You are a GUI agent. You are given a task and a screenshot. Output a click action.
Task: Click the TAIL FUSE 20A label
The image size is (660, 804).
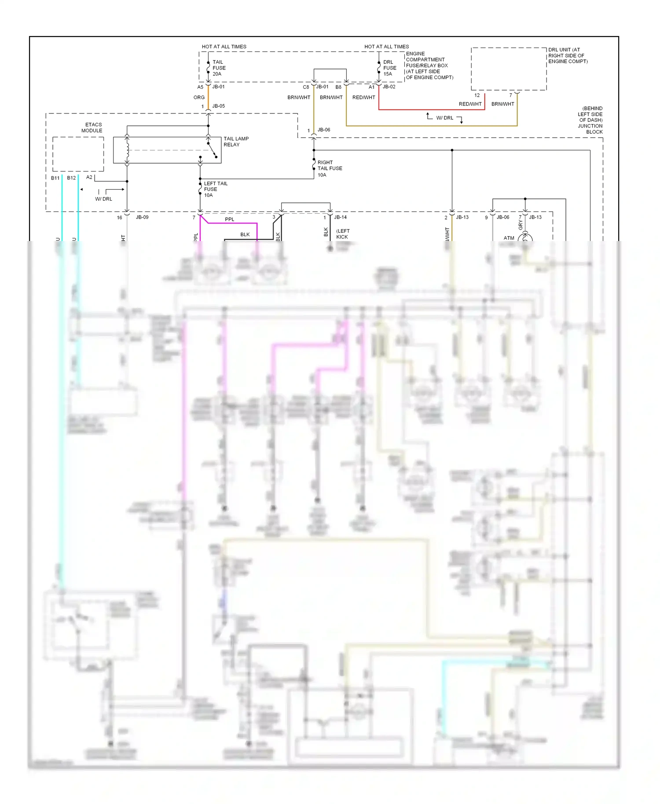point(219,68)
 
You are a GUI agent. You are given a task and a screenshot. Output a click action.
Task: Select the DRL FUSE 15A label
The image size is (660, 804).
point(389,68)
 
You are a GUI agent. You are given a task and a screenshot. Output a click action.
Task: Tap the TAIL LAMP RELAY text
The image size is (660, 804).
point(236,142)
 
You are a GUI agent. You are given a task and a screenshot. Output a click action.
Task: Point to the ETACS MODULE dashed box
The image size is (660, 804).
point(78,154)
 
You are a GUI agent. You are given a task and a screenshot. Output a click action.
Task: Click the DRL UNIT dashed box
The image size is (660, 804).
point(509,69)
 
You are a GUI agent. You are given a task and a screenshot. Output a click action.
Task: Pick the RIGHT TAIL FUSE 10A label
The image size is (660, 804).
point(330,168)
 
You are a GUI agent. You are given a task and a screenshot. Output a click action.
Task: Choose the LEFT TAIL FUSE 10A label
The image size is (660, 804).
point(215,189)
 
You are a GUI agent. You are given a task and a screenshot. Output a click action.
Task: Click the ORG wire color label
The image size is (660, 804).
point(199,97)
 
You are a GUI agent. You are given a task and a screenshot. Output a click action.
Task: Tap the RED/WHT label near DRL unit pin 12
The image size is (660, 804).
point(470,104)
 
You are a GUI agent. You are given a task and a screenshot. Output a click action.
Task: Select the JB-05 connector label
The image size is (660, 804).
point(218,106)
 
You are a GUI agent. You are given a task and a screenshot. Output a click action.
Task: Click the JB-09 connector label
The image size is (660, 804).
point(142,217)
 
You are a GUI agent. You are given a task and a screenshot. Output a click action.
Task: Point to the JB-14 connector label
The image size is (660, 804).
point(340,217)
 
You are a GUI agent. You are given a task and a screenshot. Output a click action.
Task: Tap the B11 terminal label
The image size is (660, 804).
point(55,178)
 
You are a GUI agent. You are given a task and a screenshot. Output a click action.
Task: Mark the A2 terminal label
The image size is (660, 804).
point(89,177)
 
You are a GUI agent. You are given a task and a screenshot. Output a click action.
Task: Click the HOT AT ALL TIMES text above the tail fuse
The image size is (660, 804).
point(224,47)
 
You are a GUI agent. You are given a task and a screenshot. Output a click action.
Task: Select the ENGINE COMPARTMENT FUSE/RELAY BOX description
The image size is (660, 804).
point(429,66)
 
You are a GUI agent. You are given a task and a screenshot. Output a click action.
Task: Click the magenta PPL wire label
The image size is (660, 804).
point(229,219)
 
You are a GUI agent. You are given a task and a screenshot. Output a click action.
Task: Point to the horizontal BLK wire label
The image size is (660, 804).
point(245,234)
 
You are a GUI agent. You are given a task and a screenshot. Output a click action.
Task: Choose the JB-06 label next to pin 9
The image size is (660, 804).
point(502,217)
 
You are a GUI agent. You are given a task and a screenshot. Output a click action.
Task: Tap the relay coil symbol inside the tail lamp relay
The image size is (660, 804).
point(128,150)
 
